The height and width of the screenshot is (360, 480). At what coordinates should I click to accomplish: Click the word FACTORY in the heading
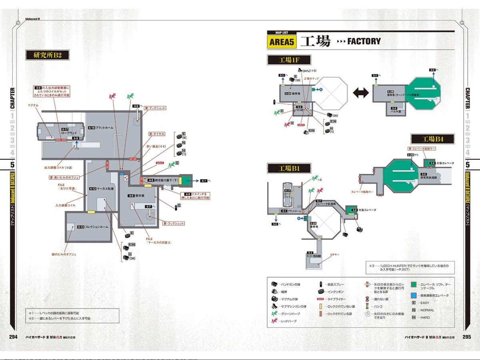click(364, 41)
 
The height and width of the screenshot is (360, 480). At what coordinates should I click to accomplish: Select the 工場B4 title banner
click(433, 139)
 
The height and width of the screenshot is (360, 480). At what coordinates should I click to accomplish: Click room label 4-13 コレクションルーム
click(93, 227)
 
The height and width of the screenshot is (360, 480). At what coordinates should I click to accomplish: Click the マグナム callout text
click(33, 105)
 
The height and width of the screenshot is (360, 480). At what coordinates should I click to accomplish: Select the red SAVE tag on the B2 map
click(160, 163)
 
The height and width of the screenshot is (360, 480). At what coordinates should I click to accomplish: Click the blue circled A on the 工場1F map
click(320, 90)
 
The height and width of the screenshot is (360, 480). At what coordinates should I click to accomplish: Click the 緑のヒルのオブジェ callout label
click(64, 254)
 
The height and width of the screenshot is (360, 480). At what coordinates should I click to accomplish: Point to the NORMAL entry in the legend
click(426, 310)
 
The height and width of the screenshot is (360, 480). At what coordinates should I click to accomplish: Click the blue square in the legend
click(413, 296)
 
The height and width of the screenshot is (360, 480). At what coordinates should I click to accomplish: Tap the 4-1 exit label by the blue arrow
click(203, 181)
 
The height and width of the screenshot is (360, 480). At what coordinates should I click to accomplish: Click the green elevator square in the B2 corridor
click(186, 180)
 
